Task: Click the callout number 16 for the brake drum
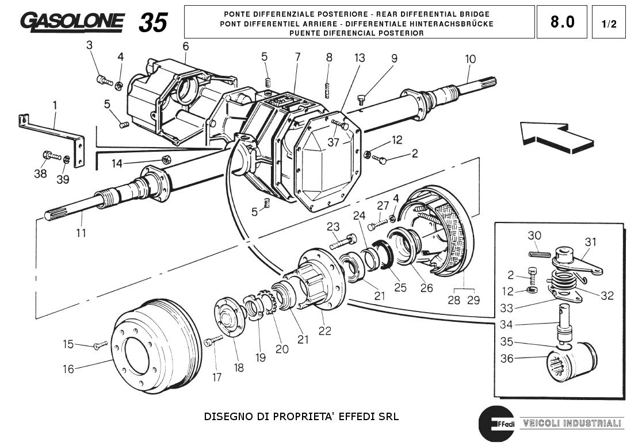coord(68,369)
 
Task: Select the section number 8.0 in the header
coord(562,22)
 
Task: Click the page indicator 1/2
coord(609,24)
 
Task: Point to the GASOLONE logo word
coord(72,21)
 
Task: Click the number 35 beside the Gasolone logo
coord(153,22)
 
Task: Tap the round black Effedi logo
coord(496,424)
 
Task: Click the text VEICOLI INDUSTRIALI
coord(572,424)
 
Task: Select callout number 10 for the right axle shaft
coord(471,59)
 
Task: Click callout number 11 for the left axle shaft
coord(81,233)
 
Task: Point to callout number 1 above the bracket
coord(55,106)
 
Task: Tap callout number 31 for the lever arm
coord(591,241)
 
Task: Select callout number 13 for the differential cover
coord(360,57)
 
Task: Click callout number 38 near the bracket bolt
coord(40,173)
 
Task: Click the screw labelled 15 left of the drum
coord(99,345)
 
